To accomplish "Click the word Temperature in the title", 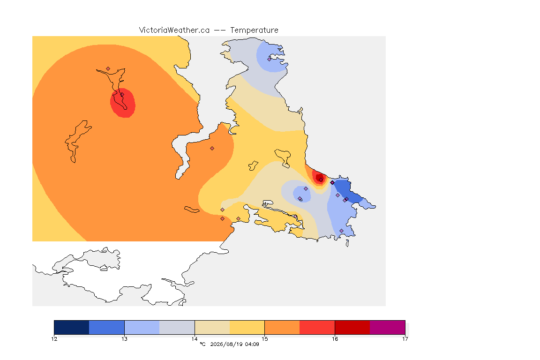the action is pos(254,30).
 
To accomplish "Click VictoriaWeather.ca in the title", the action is pos(174,30).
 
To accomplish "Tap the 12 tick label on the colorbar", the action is pos(54,339).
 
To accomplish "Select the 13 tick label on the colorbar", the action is pos(124,339).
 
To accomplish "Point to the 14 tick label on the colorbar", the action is pos(195,339).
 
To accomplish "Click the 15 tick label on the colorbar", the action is pos(264,339).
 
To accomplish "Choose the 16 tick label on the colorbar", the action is pos(335,339).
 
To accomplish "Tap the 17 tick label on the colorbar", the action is pos(405,339).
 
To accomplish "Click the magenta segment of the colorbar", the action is pos(388,327).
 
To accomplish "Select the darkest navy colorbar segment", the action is pos(72,327).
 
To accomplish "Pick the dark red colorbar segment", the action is pos(352,327).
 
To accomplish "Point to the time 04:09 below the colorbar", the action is pos(252,344).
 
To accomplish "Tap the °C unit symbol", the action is pos(203,344).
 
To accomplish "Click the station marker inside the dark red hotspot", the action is pos(321,180).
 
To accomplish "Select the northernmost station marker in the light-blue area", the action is pos(270,59).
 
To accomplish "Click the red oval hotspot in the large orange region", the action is pos(123,103).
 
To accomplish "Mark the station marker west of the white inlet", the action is pos(212,149).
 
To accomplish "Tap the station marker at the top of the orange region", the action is pos(108,69).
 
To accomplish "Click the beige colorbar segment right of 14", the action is pos(212,327).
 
